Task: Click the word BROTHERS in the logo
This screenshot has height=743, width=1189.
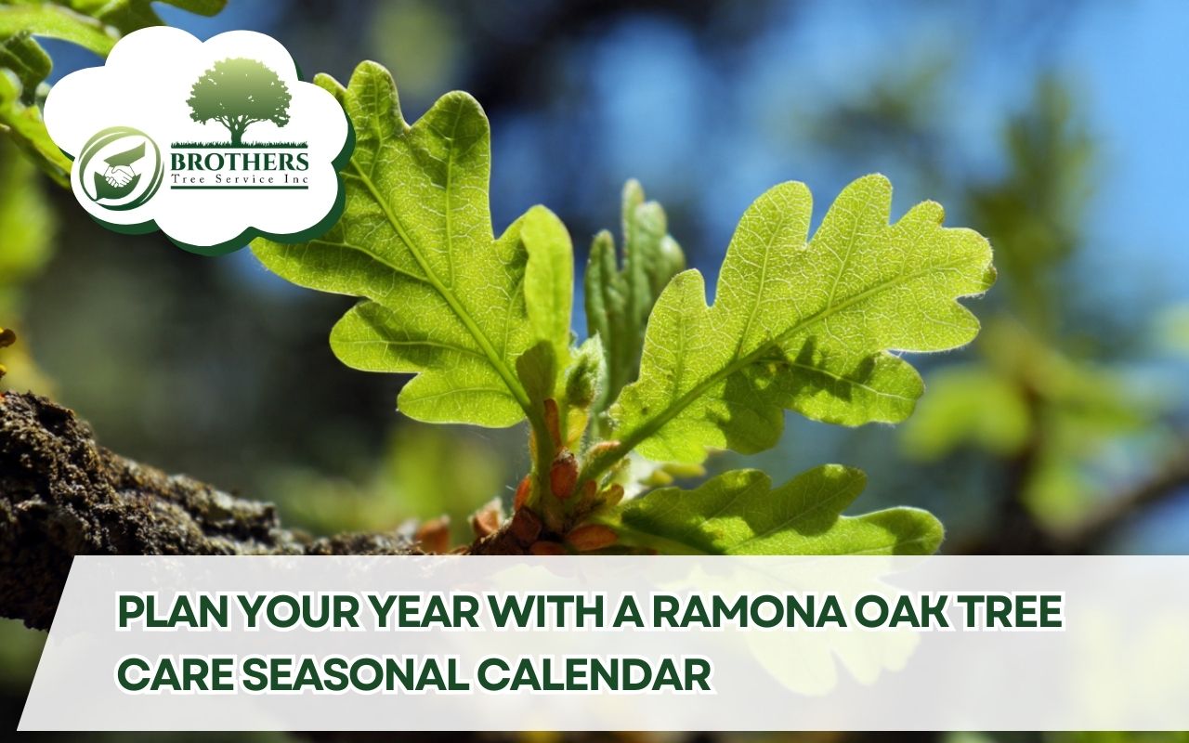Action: (x=240, y=160)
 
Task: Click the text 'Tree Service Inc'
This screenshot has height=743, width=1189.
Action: (x=239, y=180)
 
